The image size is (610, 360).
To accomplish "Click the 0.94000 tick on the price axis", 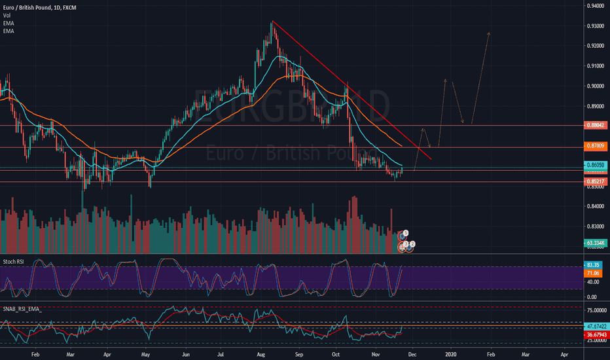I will (595, 6).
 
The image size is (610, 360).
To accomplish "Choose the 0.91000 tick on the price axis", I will (595, 66).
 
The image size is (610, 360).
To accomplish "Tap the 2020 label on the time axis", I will (451, 353).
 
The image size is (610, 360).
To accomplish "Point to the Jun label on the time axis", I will (187, 353).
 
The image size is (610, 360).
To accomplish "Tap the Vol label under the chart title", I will (7, 16).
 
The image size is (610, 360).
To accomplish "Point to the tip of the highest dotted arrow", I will (488, 31).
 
